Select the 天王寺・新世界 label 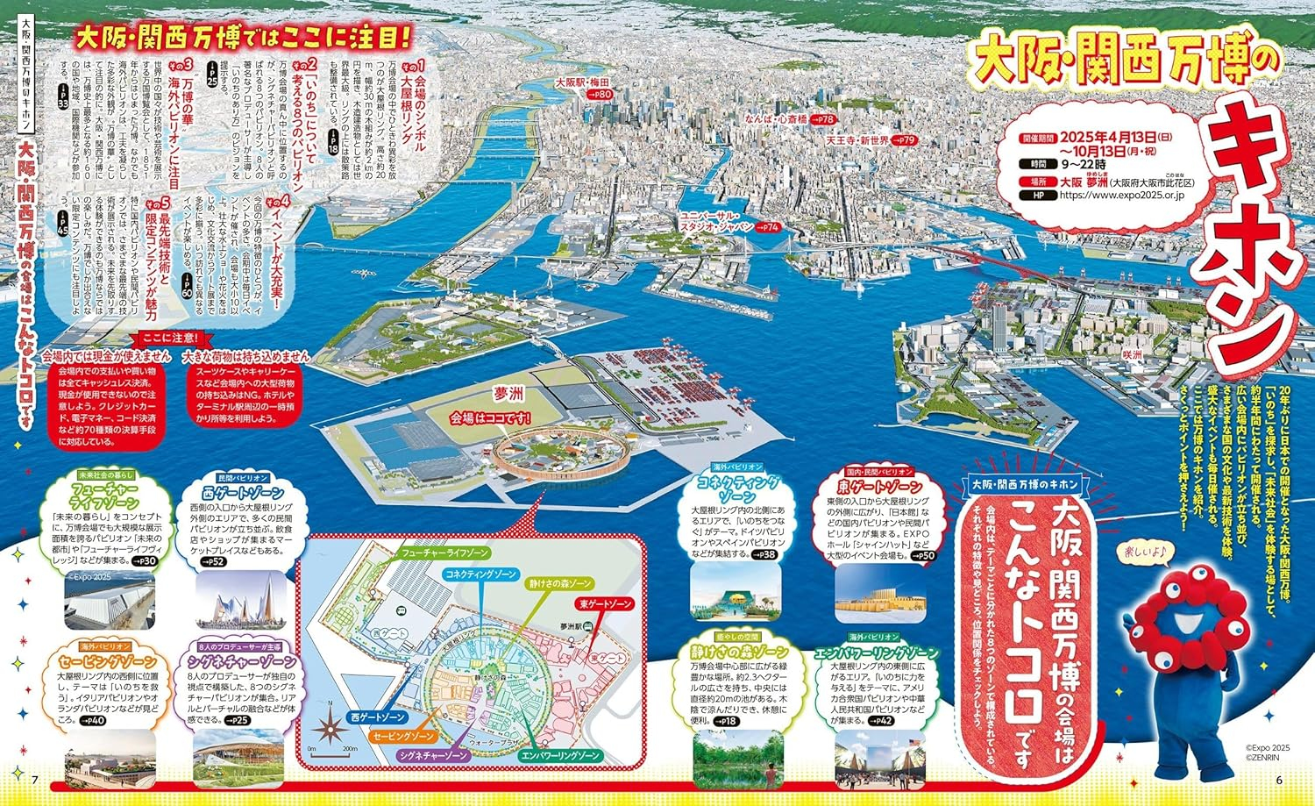click(x=857, y=140)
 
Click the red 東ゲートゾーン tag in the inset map click(x=604, y=605)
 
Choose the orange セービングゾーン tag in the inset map click(x=403, y=737)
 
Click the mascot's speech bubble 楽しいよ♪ click(x=1146, y=552)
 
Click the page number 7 click(x=35, y=781)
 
